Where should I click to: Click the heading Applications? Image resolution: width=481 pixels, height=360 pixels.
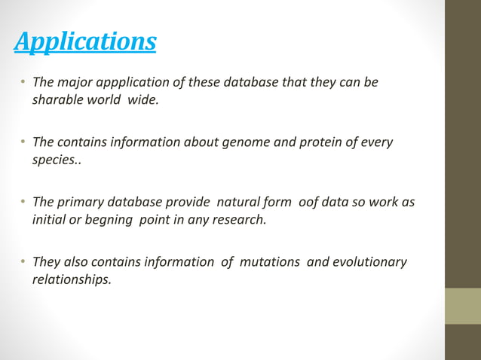pyautogui.click(x=85, y=41)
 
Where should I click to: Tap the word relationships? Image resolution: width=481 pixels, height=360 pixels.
pyautogui.click(x=71, y=280)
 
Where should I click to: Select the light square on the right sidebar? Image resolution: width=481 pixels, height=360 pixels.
pyautogui.click(x=462, y=306)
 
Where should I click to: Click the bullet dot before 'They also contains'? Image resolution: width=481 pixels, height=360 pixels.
pyautogui.click(x=23, y=262)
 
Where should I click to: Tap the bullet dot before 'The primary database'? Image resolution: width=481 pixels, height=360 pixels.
pyautogui.click(x=23, y=203)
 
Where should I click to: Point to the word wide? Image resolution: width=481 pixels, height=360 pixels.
pyautogui.click(x=143, y=99)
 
